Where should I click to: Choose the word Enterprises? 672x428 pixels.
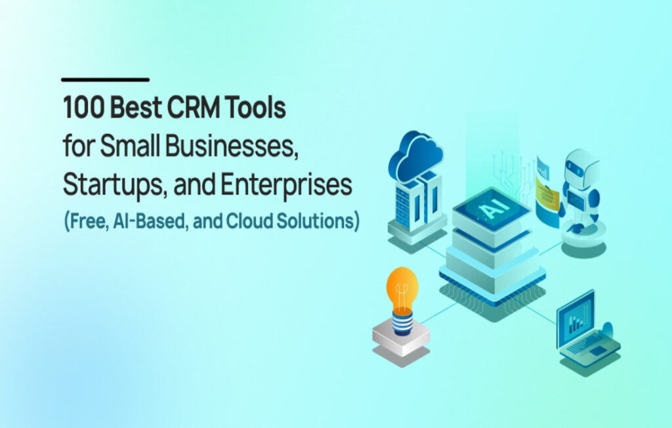coord(286,184)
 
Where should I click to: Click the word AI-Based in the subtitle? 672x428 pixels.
coord(150,221)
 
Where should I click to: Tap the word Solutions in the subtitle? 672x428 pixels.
coord(316,221)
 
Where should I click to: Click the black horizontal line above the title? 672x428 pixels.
coord(105,79)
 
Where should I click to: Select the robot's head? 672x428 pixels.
coord(581,169)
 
